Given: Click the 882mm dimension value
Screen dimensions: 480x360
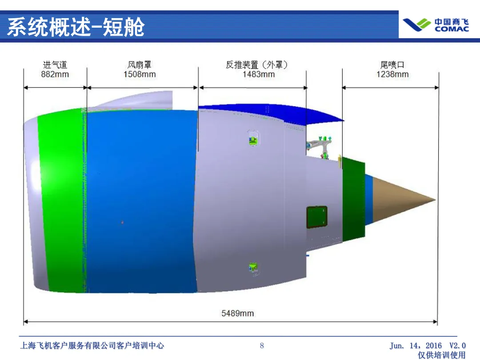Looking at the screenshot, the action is point(55,75).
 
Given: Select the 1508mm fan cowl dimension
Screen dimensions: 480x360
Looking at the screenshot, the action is point(140,75).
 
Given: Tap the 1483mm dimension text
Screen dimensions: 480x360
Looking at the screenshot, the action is point(258,75).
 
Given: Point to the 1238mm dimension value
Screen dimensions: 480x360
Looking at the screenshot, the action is point(392,75).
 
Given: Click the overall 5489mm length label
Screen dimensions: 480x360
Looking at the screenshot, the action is point(238,313).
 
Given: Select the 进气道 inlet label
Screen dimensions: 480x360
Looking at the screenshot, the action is point(55,65).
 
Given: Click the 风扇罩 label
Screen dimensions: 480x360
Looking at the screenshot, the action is point(140,65).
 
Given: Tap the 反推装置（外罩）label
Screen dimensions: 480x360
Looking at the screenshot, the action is point(257,65).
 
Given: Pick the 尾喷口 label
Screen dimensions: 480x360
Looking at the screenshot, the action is point(392,65).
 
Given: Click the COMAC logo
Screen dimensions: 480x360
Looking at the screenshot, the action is point(436,25).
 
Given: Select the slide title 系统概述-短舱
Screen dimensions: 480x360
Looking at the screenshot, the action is point(76,27).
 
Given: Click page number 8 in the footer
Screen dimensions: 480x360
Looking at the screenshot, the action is point(262,345).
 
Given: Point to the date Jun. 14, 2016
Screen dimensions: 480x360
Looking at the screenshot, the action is point(416,345).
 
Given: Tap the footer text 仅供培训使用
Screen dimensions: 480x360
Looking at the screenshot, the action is point(441,355).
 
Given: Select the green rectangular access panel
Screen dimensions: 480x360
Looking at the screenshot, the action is point(316,217).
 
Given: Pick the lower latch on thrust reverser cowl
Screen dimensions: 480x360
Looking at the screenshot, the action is point(253,268).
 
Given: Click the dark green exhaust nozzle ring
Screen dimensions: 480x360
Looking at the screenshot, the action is point(353,200).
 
